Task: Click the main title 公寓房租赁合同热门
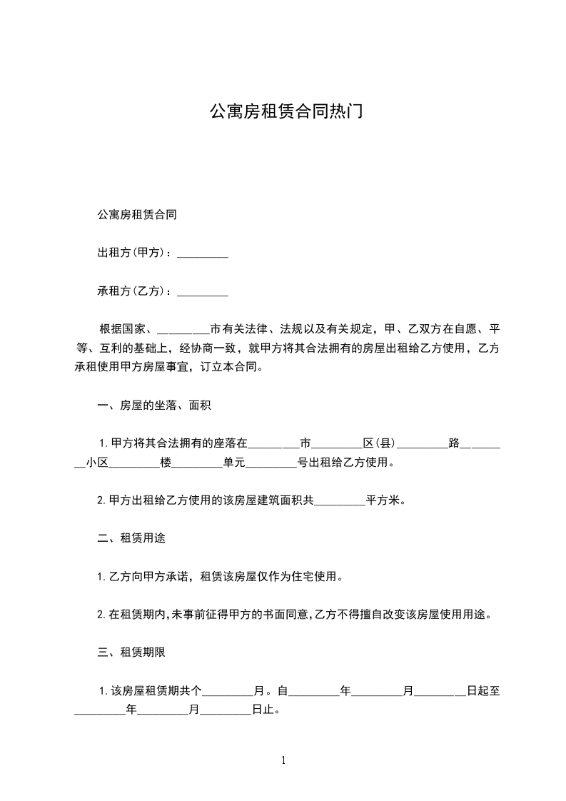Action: [283, 111]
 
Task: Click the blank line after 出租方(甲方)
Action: [202, 253]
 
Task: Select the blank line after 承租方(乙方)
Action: [202, 292]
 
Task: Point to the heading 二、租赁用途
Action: [131, 538]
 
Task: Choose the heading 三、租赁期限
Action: [131, 653]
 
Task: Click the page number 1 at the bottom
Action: [283, 760]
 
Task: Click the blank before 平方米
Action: [340, 500]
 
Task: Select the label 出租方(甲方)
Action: [134, 253]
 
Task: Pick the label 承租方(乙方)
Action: [134, 292]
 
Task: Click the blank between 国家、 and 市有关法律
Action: [183, 330]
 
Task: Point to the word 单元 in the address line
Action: [234, 463]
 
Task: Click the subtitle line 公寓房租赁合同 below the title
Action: [137, 216]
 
